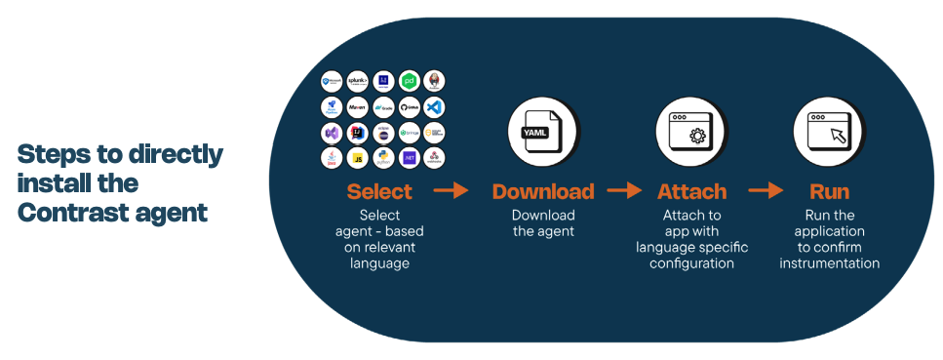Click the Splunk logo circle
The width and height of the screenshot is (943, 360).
[357, 82]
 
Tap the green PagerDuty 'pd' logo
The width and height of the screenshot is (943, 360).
[410, 82]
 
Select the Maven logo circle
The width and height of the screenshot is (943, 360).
[357, 107]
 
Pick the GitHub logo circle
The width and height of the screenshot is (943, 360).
[410, 107]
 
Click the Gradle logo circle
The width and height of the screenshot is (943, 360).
[383, 107]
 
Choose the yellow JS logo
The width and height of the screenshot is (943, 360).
[357, 157]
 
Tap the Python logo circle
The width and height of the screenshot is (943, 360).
[383, 157]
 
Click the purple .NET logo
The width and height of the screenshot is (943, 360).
[410, 157]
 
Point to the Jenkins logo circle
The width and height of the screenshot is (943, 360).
[435, 82]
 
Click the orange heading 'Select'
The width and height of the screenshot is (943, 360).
[379, 191]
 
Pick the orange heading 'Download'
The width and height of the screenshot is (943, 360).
[542, 191]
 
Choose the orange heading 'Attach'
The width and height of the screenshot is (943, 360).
[691, 191]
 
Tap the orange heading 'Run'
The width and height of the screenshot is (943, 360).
[829, 191]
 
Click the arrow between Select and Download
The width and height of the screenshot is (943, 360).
[451, 190]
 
